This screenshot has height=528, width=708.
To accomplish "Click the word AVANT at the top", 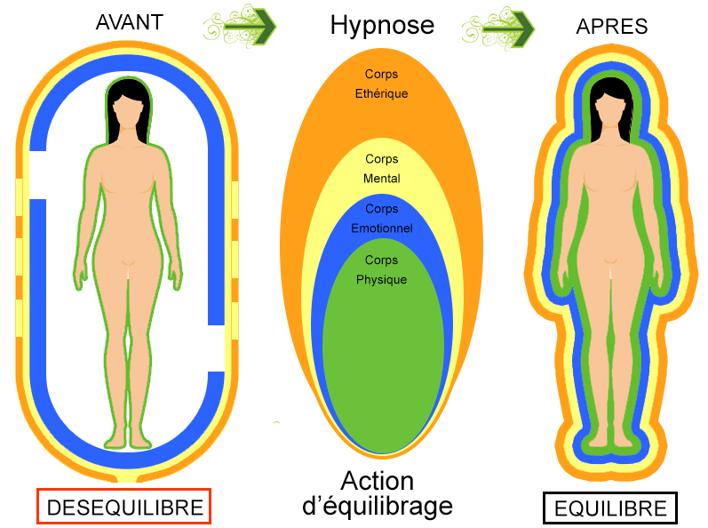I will click(129, 22).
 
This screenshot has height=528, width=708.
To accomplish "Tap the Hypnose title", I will click(382, 25).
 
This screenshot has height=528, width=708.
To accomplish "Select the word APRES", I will click(612, 28).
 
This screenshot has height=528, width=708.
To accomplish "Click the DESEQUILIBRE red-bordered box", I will click(124, 508).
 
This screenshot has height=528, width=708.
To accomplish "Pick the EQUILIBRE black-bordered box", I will click(610, 508).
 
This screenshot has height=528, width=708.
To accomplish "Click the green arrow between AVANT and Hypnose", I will click(243, 28).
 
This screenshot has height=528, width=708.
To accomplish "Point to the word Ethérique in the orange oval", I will click(381, 92).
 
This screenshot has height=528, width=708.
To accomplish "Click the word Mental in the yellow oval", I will click(382, 179).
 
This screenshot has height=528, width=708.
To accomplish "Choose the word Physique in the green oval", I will click(382, 280).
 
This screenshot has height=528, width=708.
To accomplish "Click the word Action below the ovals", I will click(378, 481).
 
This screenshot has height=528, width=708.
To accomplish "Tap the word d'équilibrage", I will click(378, 507).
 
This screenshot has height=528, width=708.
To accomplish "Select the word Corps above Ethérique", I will click(381, 74).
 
